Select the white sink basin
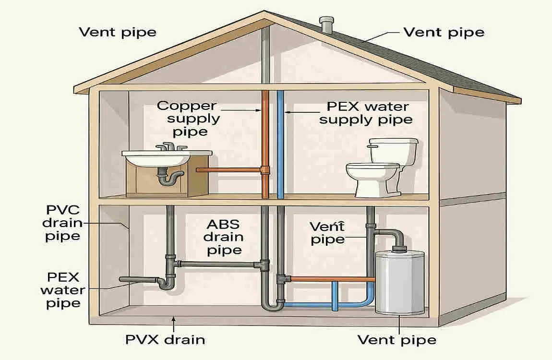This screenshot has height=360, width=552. tap(156, 157)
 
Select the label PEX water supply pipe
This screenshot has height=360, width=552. tap(367, 113)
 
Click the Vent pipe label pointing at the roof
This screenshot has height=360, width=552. tap(444, 33)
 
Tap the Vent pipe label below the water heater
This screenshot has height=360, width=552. tap(397, 340)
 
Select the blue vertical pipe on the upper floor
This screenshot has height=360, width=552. tap(280, 144)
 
